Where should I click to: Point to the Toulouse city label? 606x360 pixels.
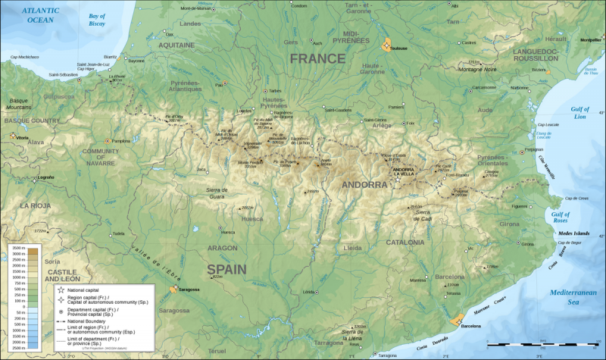click(x=398, y=49)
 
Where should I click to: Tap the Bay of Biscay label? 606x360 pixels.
click(x=98, y=18)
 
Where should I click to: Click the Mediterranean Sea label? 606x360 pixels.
click(x=575, y=297)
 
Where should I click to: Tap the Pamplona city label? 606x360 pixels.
click(x=121, y=141)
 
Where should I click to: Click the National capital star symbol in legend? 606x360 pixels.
click(x=60, y=289)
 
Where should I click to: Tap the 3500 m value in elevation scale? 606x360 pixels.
click(x=16, y=249)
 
